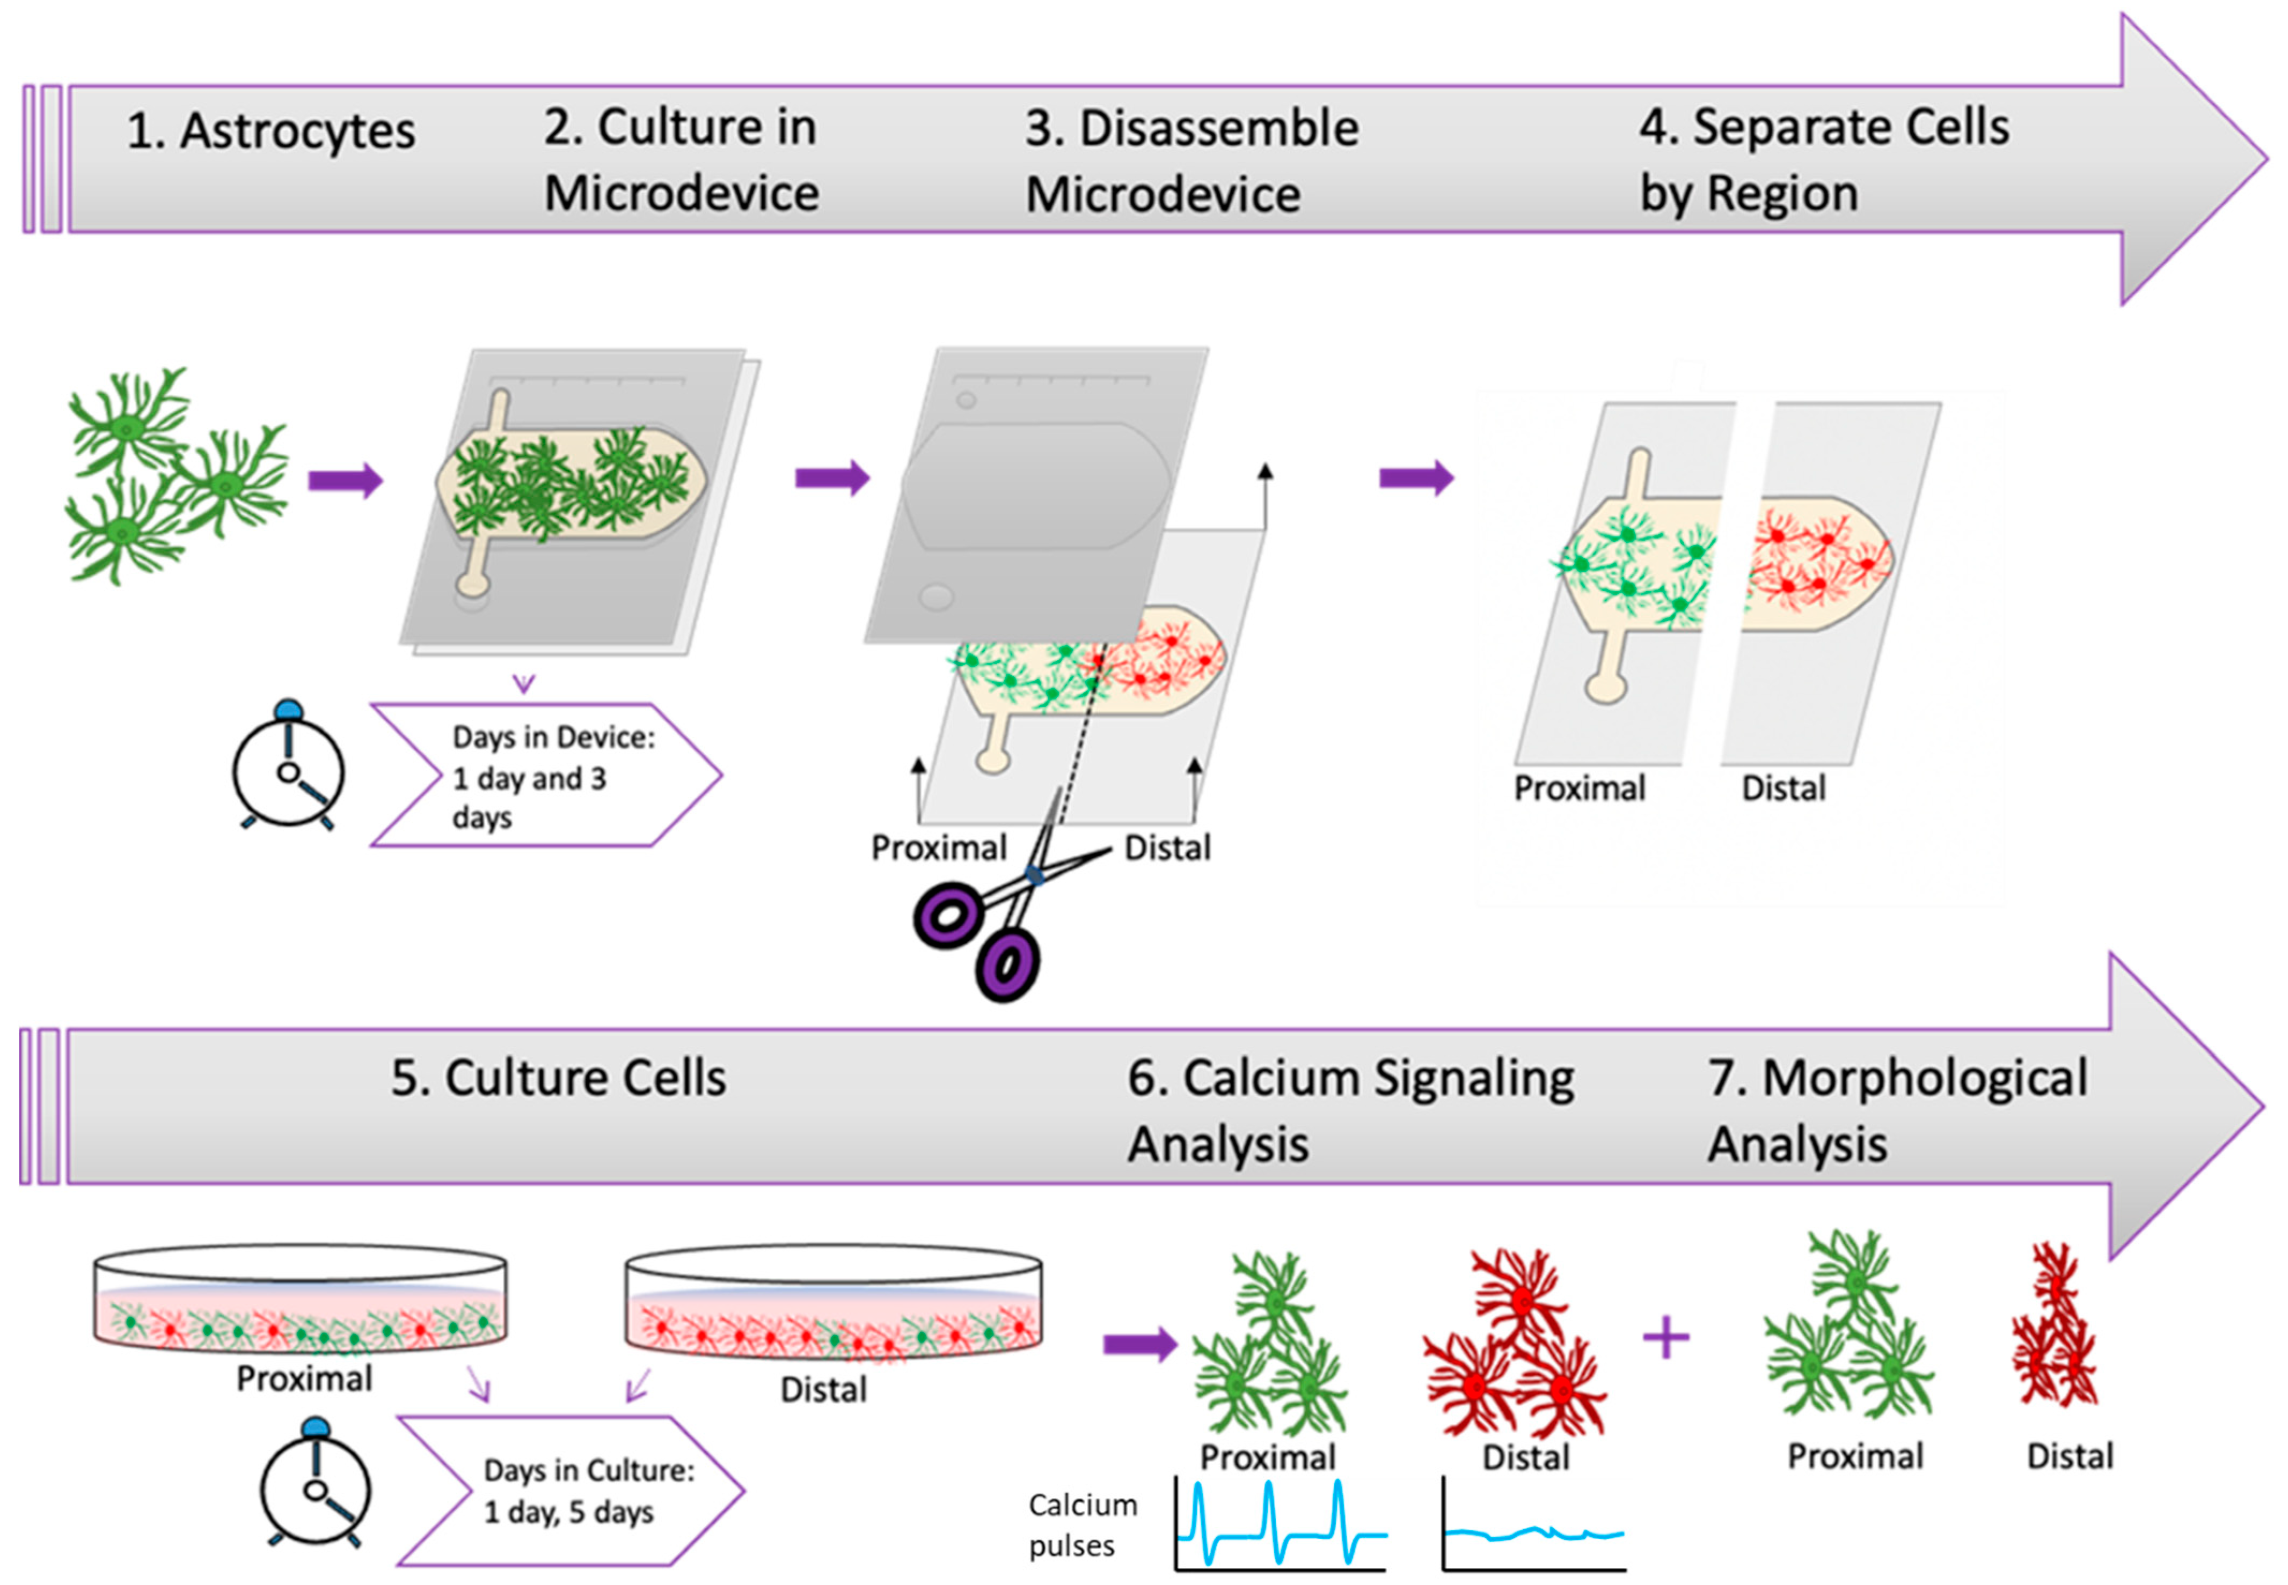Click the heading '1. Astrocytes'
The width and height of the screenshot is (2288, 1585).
[x=270, y=131]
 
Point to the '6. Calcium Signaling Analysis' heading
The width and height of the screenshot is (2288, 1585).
[x=1349, y=1110]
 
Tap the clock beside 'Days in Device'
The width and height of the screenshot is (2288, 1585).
[x=288, y=766]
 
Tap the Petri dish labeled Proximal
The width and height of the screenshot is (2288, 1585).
[x=300, y=1301]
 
